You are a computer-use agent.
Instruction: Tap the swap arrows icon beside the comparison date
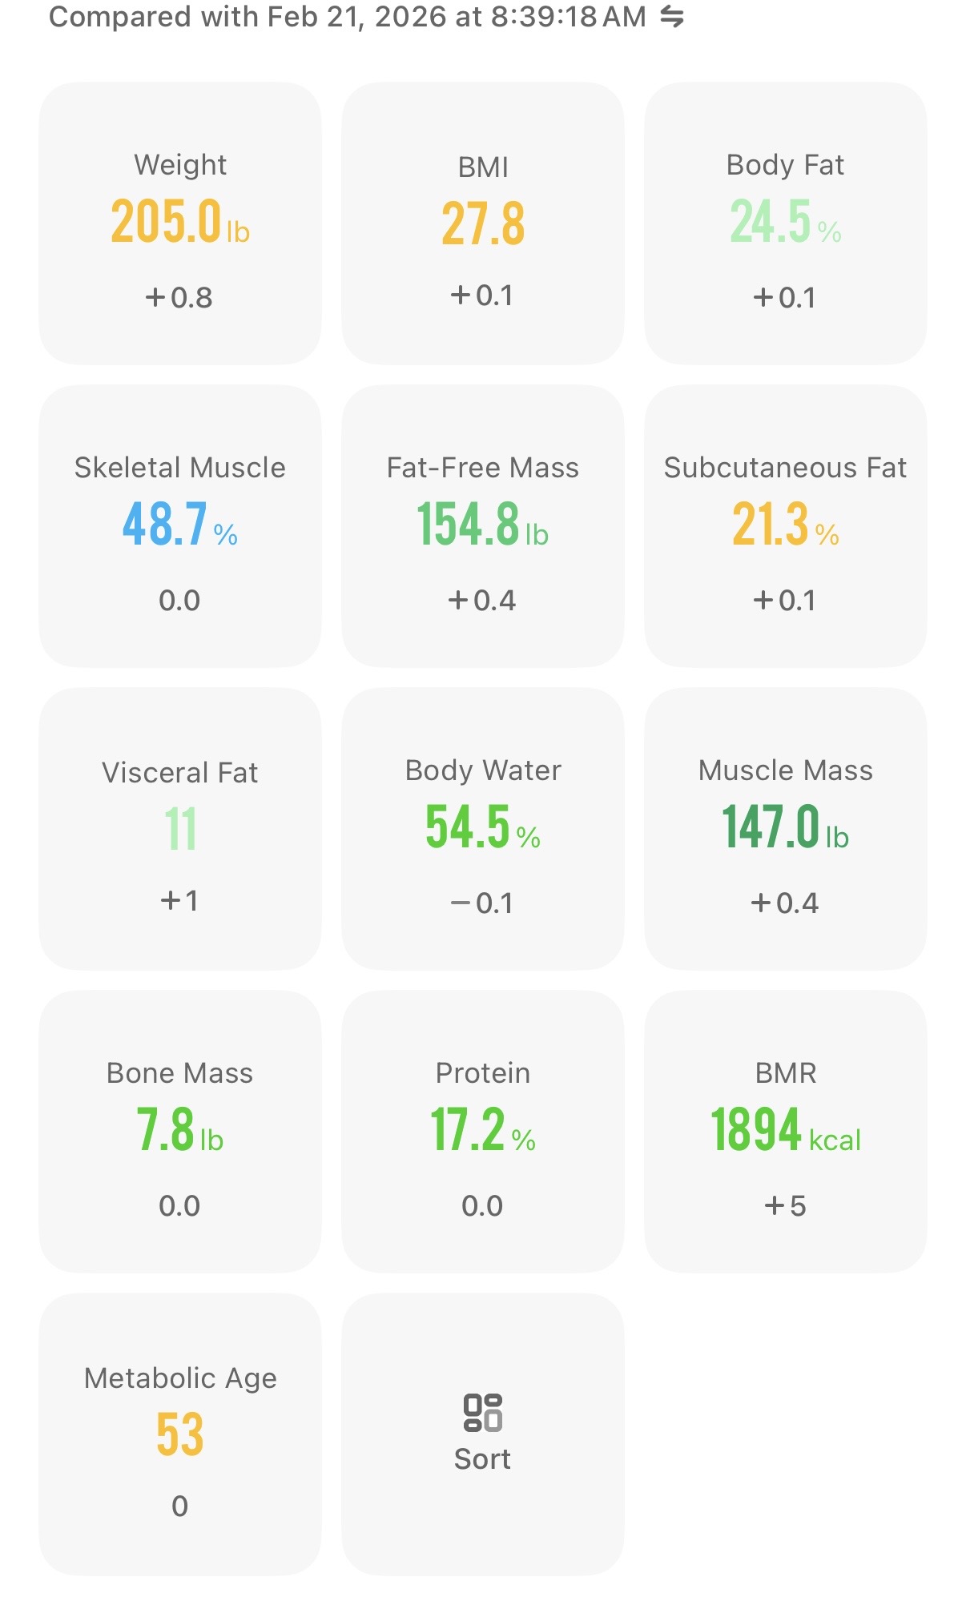coord(672,16)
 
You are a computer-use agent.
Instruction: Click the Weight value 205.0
coord(166,221)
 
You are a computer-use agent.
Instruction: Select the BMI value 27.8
coord(483,223)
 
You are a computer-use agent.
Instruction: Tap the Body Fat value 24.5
coord(771,221)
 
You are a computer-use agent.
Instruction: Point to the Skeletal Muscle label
coord(180,467)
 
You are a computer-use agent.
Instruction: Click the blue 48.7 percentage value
coord(165,524)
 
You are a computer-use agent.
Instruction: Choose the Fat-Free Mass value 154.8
coord(468,524)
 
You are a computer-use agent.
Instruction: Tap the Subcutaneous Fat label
coord(786,467)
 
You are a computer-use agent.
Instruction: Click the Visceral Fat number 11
coord(180,829)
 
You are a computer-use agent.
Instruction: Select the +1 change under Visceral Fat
coord(179,900)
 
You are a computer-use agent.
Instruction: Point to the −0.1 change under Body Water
coord(481,903)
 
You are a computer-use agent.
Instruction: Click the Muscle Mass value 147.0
coord(771,827)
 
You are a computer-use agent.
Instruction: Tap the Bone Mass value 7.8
coord(166,1129)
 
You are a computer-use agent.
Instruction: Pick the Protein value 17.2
coord(468,1129)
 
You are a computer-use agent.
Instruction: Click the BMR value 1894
coord(756,1129)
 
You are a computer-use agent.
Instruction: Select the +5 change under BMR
coord(785,1206)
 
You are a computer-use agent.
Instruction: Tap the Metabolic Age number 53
coord(180,1434)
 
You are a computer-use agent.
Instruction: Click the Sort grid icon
coord(483,1412)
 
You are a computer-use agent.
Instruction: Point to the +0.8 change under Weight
coord(179,298)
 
